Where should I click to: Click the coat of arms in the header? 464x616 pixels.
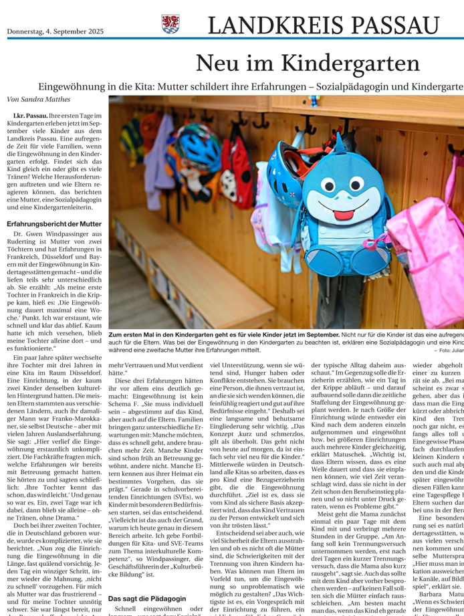(170, 25)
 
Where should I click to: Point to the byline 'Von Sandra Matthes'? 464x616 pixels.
(37, 99)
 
